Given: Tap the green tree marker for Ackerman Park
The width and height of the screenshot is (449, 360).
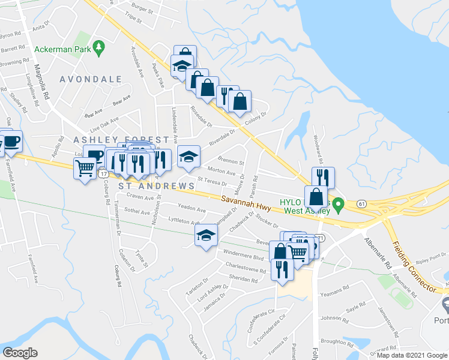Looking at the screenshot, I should coord(100,47).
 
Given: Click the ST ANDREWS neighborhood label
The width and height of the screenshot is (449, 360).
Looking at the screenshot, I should coord(156,187).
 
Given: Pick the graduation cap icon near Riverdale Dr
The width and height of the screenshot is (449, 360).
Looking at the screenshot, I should coord(188,157).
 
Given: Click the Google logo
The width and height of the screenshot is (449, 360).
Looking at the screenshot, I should coord(20,352).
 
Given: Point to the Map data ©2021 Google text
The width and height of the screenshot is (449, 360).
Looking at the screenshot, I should coord(411,355).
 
